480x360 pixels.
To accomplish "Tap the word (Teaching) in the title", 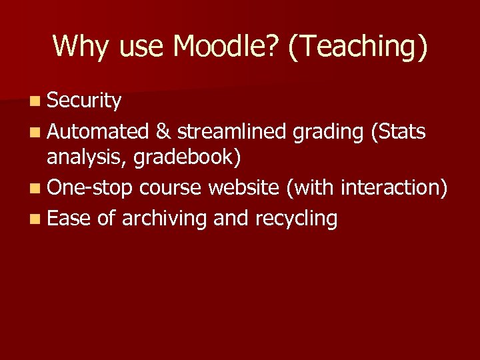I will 358,47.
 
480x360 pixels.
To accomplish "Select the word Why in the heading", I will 76,47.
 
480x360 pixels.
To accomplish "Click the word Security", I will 84,101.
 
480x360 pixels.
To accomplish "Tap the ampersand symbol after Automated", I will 163,132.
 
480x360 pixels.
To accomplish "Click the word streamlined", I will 232,132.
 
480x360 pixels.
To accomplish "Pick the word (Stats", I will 396,132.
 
